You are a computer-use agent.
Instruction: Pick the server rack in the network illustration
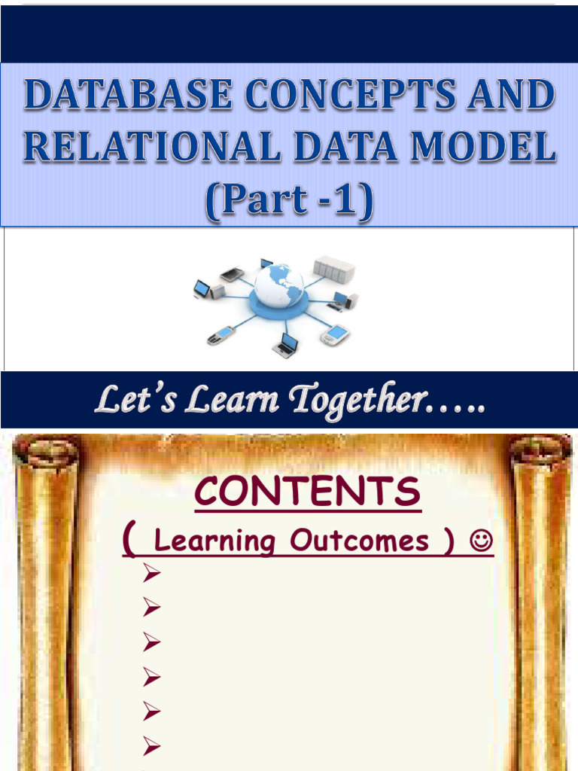333,269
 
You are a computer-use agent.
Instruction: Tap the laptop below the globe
286,345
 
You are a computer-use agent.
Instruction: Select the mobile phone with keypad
221,335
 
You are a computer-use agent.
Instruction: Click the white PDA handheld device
334,334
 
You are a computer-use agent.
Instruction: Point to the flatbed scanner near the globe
232,275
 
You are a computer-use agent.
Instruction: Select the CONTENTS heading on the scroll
307,493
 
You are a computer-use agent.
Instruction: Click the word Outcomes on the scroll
360,541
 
